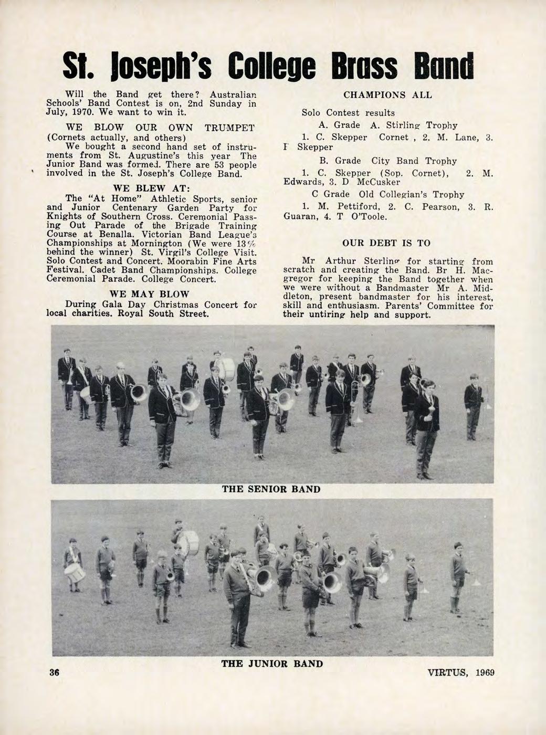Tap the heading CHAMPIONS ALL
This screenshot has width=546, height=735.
click(387, 95)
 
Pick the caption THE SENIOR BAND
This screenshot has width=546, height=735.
click(271, 489)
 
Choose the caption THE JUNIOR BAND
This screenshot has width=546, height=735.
click(272, 664)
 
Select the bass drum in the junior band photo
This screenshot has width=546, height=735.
click(188, 543)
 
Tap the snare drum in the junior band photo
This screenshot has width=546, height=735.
click(76, 573)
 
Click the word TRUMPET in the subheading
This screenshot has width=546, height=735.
click(230, 128)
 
